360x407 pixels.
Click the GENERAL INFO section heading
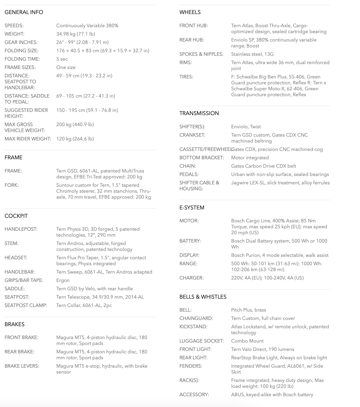click(x=24, y=12)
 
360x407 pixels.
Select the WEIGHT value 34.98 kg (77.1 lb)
click(x=75, y=34)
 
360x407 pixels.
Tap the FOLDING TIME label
click(x=22, y=59)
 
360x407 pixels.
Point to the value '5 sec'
click(x=62, y=59)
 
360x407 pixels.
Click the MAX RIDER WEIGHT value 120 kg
click(x=75, y=139)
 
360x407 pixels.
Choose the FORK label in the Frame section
click(x=12, y=185)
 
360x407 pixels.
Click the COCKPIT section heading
click(x=16, y=216)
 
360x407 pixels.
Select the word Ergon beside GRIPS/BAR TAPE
click(x=63, y=280)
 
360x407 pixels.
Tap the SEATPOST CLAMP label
click(x=26, y=305)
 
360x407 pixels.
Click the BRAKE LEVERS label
click(x=22, y=366)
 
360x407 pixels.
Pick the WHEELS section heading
click(x=190, y=12)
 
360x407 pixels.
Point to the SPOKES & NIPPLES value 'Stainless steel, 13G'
click(x=252, y=54)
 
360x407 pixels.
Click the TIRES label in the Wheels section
click(x=186, y=77)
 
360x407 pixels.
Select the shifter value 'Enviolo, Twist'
click(x=246, y=127)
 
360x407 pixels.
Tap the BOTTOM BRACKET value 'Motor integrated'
click(x=250, y=158)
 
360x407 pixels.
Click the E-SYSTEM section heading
click(x=192, y=208)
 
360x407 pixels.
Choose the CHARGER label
click(x=191, y=278)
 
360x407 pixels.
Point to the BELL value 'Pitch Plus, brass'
click(x=248, y=310)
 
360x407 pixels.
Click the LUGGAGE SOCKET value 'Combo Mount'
click(x=247, y=341)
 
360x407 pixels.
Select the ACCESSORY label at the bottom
click(x=194, y=395)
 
